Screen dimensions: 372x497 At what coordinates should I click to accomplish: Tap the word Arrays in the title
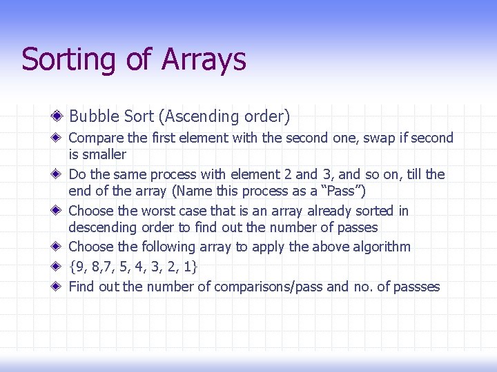[204, 60]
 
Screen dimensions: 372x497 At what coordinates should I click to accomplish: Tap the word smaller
[104, 154]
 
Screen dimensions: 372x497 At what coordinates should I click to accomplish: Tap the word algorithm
[379, 247]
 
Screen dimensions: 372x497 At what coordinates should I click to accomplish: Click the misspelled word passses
[413, 287]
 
